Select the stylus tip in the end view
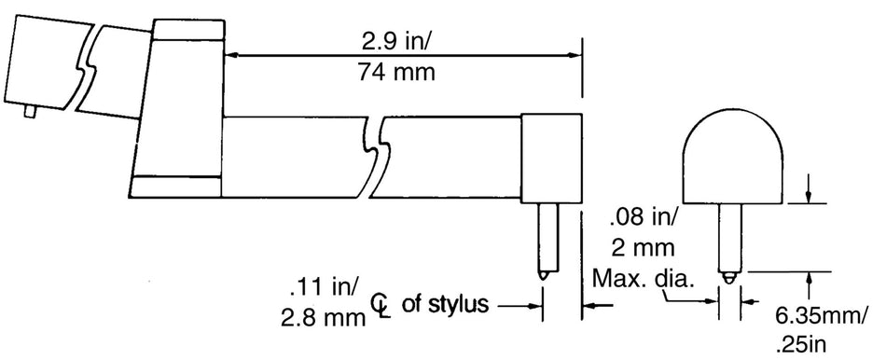pos(730,276)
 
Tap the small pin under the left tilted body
pos(30,113)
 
